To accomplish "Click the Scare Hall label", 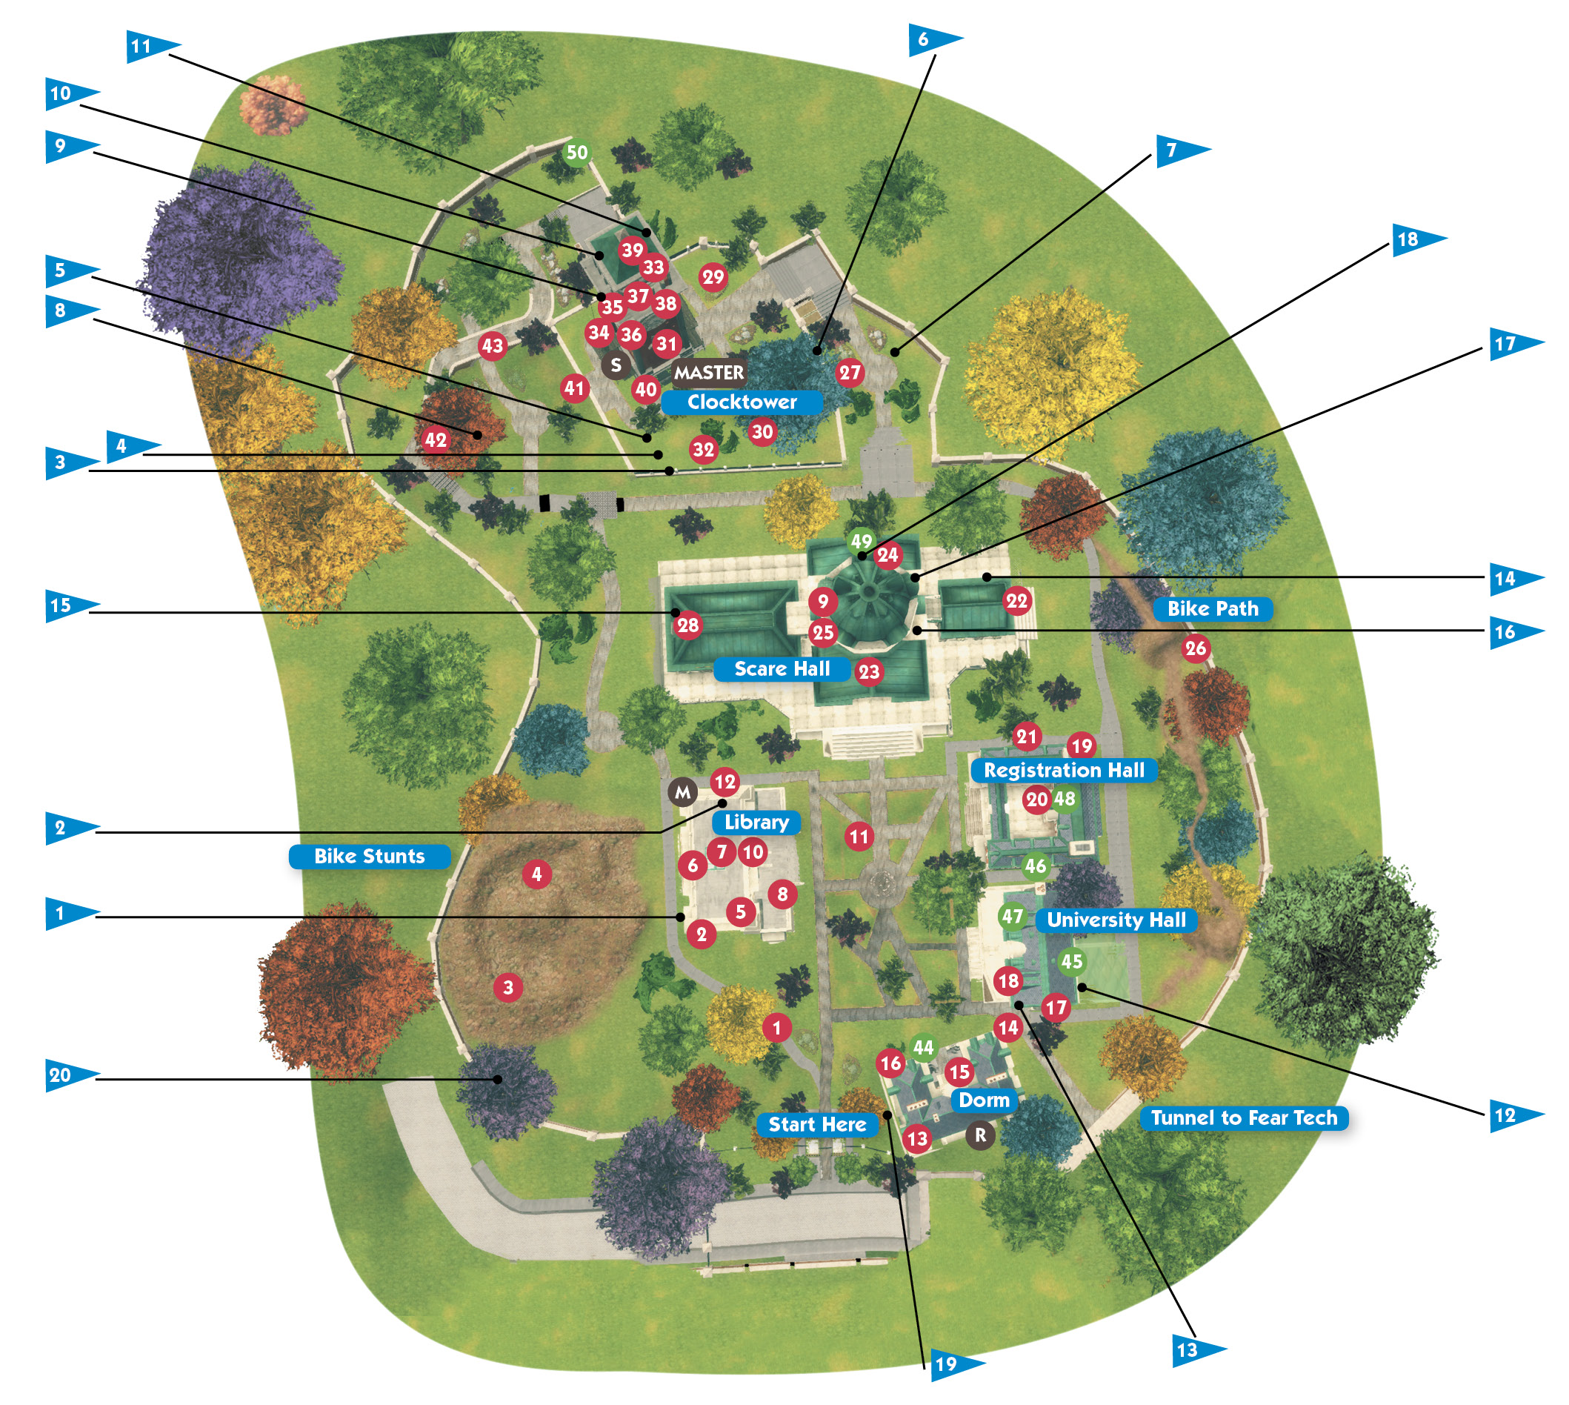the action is pyautogui.click(x=782, y=669).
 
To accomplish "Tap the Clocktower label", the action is pyautogui.click(x=742, y=402).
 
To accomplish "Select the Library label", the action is pyautogui.click(x=756, y=822).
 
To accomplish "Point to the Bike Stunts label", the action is pyautogui.click(x=369, y=856).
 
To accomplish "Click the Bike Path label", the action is pyautogui.click(x=1213, y=609).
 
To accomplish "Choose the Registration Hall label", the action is pyautogui.click(x=1064, y=771).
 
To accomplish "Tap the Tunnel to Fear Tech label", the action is pyautogui.click(x=1244, y=1117).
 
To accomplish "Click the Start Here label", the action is pyautogui.click(x=817, y=1125).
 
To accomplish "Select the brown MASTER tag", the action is pyautogui.click(x=708, y=373).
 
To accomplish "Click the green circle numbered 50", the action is pyautogui.click(x=576, y=153).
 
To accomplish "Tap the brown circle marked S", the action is pyautogui.click(x=616, y=365).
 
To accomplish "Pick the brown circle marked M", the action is pyautogui.click(x=683, y=792).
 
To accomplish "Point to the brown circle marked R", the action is pyautogui.click(x=980, y=1135).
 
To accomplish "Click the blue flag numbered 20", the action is pyautogui.click(x=71, y=1075).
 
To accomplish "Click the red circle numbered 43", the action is pyautogui.click(x=493, y=346).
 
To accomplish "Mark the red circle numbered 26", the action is pyautogui.click(x=1196, y=648).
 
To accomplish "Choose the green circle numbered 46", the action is pyautogui.click(x=1035, y=867).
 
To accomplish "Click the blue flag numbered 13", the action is pyautogui.click(x=1199, y=1350).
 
